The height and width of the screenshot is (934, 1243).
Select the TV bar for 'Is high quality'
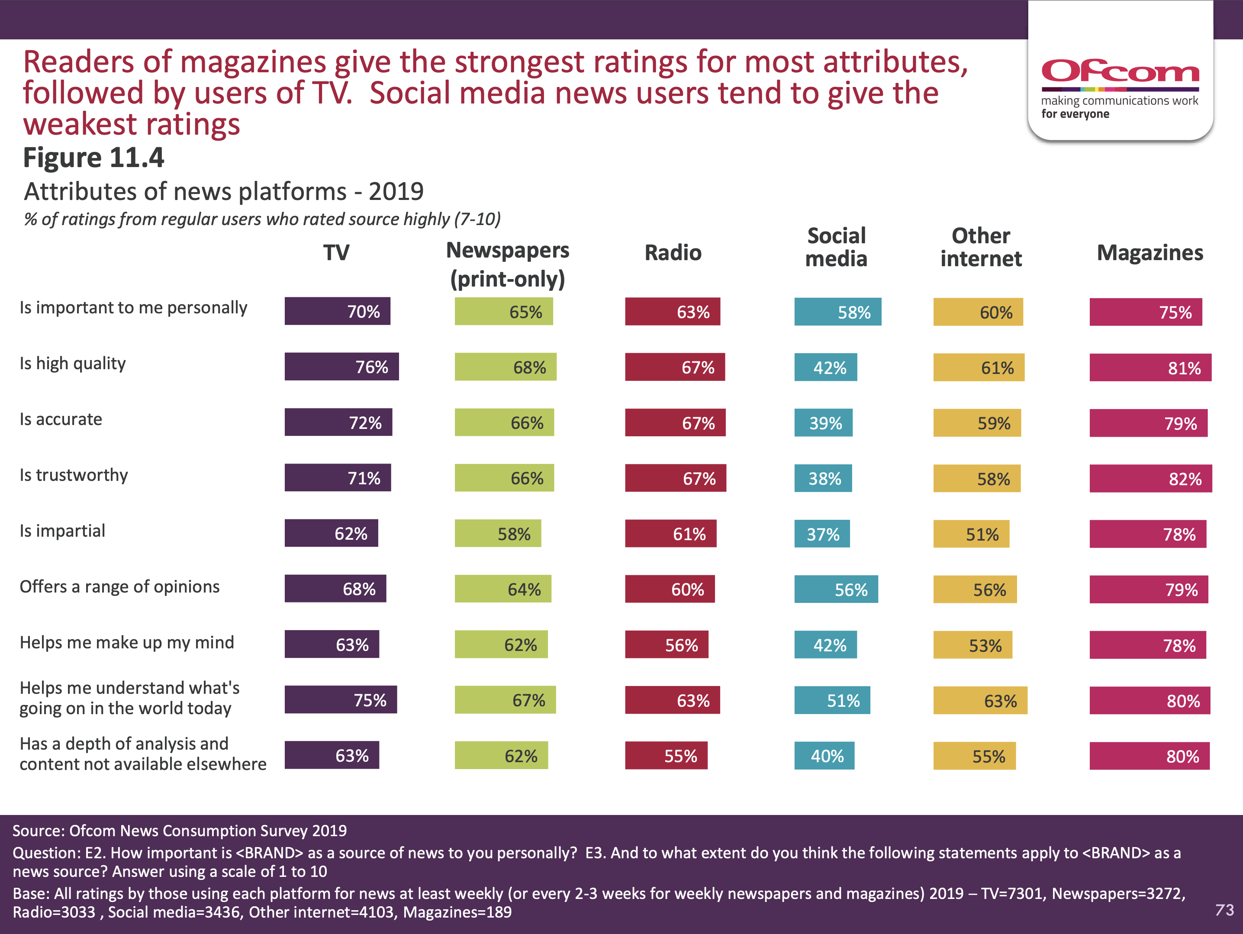tap(341, 367)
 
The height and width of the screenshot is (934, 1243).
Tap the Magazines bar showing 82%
tap(1150, 479)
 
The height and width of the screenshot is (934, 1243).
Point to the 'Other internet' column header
tap(981, 247)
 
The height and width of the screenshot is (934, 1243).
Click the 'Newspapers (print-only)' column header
tap(507, 264)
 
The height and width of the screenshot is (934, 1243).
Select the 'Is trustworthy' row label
tap(74, 475)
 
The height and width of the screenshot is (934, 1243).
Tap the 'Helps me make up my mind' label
tap(126, 643)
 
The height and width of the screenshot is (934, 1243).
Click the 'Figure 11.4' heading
tap(93, 158)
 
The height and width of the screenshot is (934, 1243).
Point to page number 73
tap(1224, 910)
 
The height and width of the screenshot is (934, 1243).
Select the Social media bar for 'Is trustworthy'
tap(823, 479)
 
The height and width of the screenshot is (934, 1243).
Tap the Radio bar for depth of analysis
tap(666, 756)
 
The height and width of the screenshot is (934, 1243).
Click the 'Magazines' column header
tap(1150, 253)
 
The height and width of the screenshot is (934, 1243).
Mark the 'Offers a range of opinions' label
tap(119, 587)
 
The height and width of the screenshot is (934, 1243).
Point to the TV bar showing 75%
tap(341, 700)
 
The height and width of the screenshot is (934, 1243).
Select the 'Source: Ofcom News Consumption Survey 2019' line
tap(180, 831)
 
